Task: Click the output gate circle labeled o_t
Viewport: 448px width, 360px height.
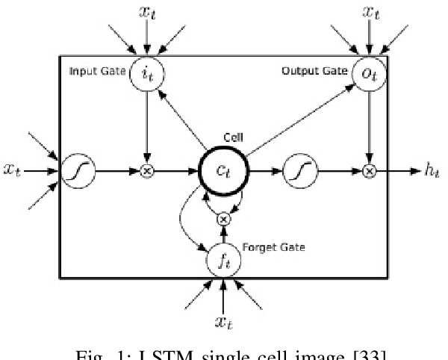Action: click(368, 72)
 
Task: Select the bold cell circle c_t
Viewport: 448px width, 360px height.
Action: click(224, 171)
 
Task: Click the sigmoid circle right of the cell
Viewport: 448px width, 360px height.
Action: click(296, 171)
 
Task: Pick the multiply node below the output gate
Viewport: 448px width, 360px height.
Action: click(368, 171)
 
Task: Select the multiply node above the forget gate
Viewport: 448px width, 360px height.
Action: click(223, 219)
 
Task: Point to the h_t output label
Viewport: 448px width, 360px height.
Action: click(431, 171)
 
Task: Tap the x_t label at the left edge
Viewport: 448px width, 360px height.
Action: click(12, 172)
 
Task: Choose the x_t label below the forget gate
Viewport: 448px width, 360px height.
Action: click(223, 322)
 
